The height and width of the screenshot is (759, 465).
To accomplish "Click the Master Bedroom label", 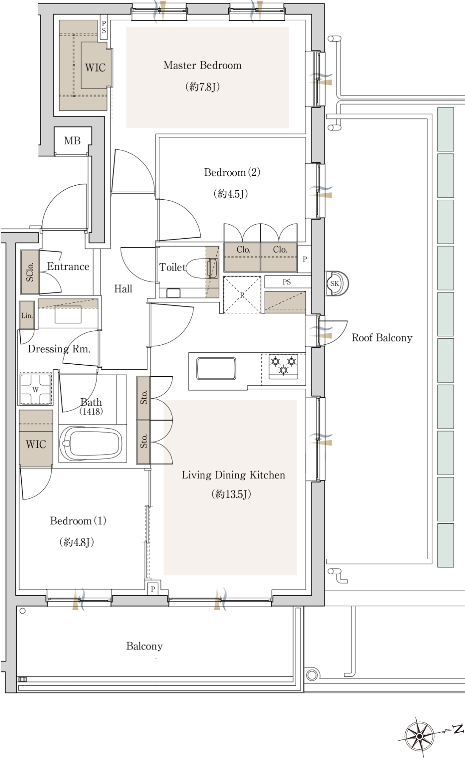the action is pos(202,65).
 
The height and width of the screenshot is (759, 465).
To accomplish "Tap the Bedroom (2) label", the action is pos(232,173).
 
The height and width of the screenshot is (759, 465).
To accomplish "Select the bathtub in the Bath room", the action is pos(90,444).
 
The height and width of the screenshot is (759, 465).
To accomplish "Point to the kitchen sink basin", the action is pos(216,368).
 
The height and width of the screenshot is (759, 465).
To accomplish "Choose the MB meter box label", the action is pos(72,141).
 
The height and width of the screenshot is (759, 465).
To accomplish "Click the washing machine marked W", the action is pos(36,389).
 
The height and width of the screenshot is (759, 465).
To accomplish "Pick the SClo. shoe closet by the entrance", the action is pos(30,272).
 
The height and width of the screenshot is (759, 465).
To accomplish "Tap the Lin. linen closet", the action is pos(27,315).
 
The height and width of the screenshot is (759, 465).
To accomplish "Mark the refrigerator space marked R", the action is pos(242,295).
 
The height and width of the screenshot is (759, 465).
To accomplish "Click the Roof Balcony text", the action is pos(382,338).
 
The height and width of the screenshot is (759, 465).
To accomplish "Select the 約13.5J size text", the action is pos(231,494).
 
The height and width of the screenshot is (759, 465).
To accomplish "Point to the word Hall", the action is pos(123,289).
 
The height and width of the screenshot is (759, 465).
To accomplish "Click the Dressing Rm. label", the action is pos(59,349).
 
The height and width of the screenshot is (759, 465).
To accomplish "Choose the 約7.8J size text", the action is pos(202,87).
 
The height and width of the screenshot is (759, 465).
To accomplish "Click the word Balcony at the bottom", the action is pos(144,646).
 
